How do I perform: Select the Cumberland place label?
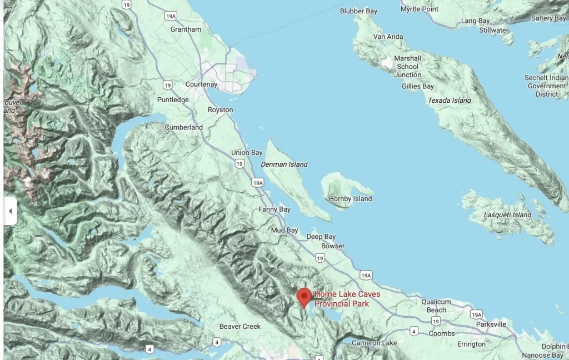click(183, 127)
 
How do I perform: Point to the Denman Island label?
click(284, 164)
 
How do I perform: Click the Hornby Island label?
click(351, 199)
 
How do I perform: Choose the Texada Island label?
click(450, 101)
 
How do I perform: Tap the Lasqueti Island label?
click(508, 215)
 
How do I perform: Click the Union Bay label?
click(247, 153)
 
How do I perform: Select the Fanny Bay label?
click(274, 209)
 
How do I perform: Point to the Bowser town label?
click(333, 246)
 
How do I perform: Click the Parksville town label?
click(491, 324)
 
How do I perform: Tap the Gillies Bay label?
click(418, 87)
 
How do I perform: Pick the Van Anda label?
click(388, 37)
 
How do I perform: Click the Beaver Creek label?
click(240, 327)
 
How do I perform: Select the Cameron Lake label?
click(375, 343)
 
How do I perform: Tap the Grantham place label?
click(186, 29)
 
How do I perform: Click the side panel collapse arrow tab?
click(10, 211)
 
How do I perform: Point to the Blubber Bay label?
click(358, 11)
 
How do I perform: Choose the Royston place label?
click(220, 110)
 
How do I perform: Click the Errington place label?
click(471, 344)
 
